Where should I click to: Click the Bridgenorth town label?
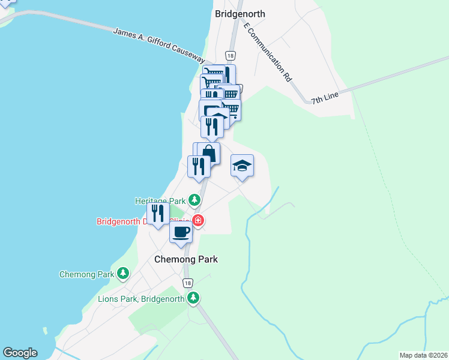(240, 14)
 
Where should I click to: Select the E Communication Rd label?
(268, 52)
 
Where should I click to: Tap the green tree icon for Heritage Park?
(194, 199)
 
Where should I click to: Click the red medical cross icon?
(197, 221)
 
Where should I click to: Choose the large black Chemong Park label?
(185, 259)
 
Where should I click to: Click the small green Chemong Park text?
(86, 274)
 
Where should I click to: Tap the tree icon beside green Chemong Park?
(122, 274)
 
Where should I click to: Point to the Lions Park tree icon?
(193, 298)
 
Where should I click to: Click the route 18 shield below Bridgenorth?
(230, 54)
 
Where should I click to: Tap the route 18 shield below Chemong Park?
(188, 283)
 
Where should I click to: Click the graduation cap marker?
(242, 166)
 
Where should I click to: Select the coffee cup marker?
(181, 232)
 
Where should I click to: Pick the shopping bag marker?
(208, 153)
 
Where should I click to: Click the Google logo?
(20, 353)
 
